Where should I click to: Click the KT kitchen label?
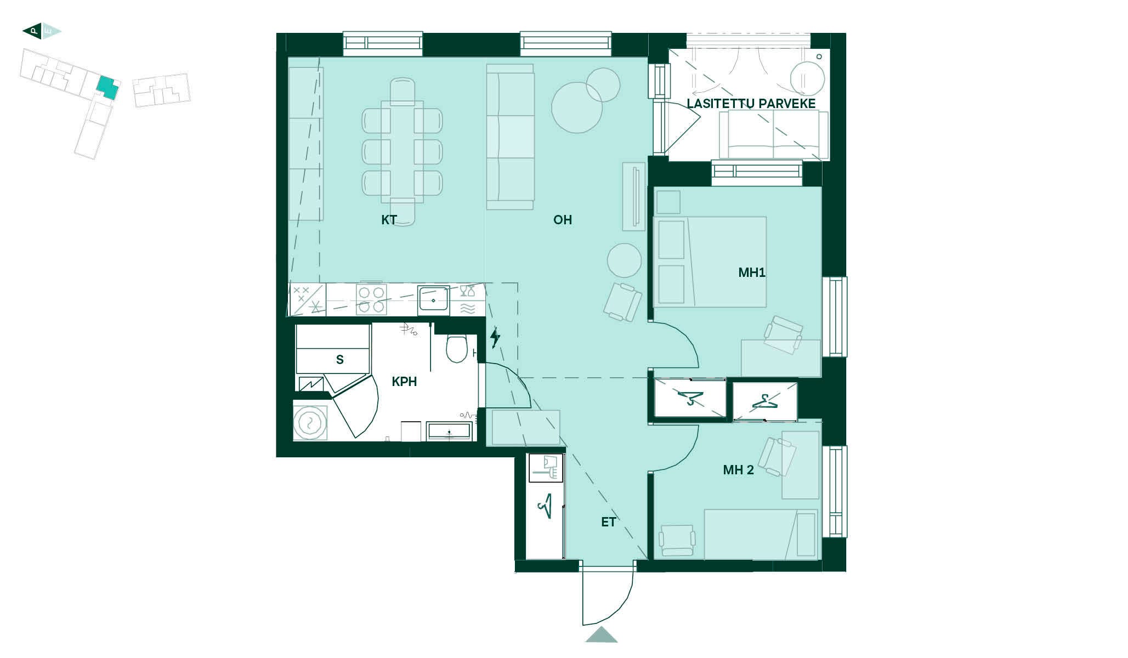coord(389,220)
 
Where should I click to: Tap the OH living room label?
coord(563,220)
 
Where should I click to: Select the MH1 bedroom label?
coord(752,273)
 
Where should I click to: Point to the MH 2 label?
coord(738,470)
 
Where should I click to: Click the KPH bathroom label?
coord(404,382)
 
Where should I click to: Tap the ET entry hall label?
coord(609,522)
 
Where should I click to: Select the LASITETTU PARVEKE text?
coord(751,104)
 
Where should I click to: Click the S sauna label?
coord(340,360)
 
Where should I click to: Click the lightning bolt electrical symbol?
coord(495,338)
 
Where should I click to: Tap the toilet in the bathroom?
coord(456,349)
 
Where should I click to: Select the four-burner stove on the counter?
coord(371,299)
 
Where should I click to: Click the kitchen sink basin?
coord(433,300)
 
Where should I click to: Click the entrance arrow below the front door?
coord(602,635)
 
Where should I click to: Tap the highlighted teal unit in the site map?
coord(107,88)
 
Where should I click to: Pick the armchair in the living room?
coord(622,302)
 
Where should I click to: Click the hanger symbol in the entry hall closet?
coord(546,506)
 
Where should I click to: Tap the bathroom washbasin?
coord(449,432)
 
